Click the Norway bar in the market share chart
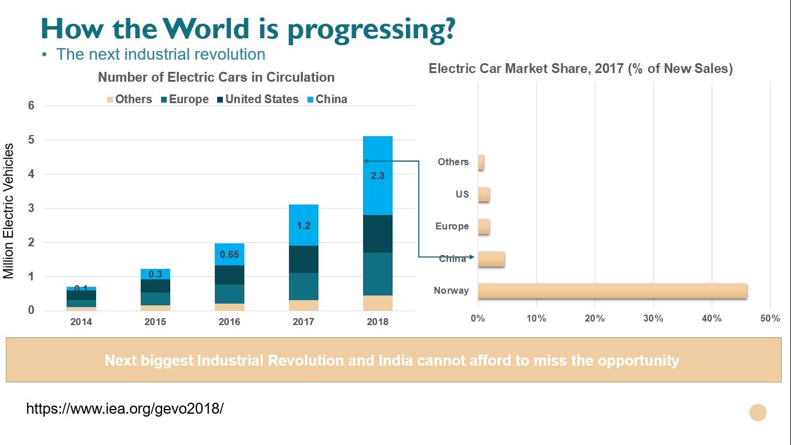click(x=612, y=291)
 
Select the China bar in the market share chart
click(x=491, y=259)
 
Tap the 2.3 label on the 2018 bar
click(x=377, y=176)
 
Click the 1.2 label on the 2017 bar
click(x=303, y=225)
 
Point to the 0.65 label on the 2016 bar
click(x=229, y=254)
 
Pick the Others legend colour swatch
click(x=110, y=100)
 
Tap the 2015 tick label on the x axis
click(x=155, y=322)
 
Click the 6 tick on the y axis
click(x=31, y=105)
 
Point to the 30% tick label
click(x=653, y=318)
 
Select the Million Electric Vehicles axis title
click(x=9, y=211)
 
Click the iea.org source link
click(x=125, y=408)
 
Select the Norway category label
click(x=451, y=291)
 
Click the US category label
click(x=462, y=194)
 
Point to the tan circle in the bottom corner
click(x=757, y=413)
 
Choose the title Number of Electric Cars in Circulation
click(x=216, y=78)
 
